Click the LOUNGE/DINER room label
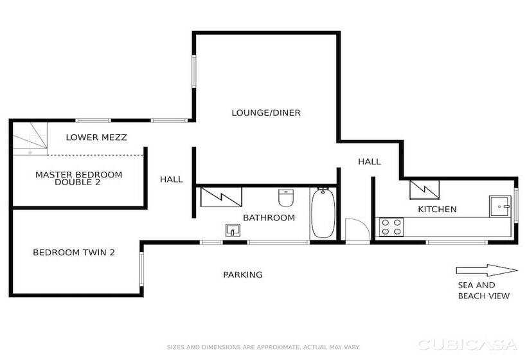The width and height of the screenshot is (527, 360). point(265,113)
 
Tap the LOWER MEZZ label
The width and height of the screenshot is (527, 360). point(96,137)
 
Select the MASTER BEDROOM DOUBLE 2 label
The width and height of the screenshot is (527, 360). point(78,178)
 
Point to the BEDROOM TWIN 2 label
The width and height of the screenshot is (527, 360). point(73,253)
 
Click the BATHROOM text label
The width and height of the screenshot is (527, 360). point(269,217)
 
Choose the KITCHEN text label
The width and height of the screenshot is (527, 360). point(437,209)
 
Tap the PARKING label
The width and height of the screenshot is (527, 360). point(242,274)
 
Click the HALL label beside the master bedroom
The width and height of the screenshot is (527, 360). point(171,179)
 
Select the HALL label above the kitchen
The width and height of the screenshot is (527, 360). point(369,161)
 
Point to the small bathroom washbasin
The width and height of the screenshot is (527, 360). point(232,230)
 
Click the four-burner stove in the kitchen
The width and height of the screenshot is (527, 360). point(391,227)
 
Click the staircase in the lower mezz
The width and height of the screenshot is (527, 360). point(30,138)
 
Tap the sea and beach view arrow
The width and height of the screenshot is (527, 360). point(487,270)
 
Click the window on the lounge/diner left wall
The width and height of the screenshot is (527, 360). point(193,71)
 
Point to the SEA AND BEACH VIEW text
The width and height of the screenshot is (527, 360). point(483,291)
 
